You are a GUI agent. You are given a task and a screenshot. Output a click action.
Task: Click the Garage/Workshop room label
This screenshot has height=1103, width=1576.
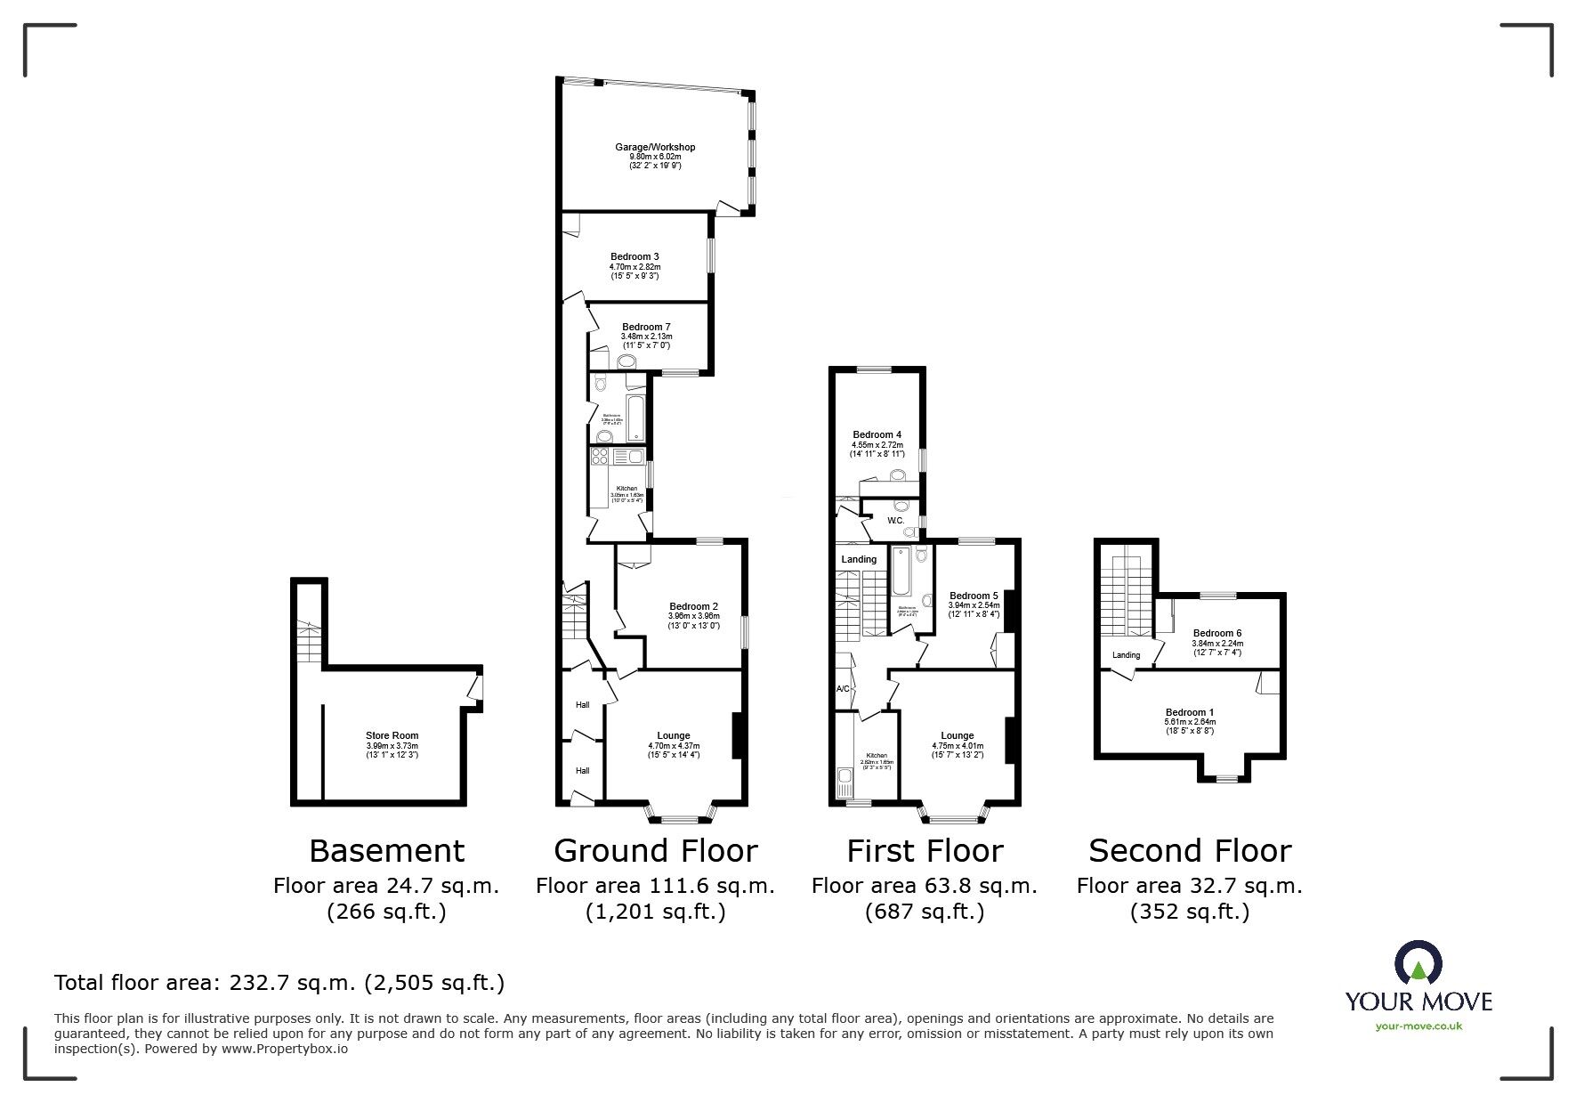pos(655,147)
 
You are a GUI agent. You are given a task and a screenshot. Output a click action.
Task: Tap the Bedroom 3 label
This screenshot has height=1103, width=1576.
pos(634,256)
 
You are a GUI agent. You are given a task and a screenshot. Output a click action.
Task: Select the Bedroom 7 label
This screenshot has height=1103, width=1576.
pos(646,327)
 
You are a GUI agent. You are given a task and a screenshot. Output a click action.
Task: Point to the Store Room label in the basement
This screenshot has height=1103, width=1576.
pos(392,736)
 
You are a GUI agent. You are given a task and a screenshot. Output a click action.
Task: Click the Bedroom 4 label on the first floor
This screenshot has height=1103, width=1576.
pos(877,434)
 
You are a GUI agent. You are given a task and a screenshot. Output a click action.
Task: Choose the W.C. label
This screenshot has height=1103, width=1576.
pos(895,521)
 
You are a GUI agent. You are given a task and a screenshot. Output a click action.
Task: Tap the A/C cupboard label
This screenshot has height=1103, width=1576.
pos(842,689)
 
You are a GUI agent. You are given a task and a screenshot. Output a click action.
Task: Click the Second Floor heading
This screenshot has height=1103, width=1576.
pos(1189,851)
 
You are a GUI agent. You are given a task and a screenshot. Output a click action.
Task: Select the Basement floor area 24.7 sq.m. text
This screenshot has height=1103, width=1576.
pos(386,886)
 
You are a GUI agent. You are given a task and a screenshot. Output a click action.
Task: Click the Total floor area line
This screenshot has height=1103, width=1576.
pos(279,983)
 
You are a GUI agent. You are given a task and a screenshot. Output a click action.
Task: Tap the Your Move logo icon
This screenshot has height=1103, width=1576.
pos(1418,963)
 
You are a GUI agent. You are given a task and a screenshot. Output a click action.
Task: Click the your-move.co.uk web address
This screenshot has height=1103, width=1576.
pos(1418,1026)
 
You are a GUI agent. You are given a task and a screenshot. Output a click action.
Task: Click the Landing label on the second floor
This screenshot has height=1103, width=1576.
pos(1126,655)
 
